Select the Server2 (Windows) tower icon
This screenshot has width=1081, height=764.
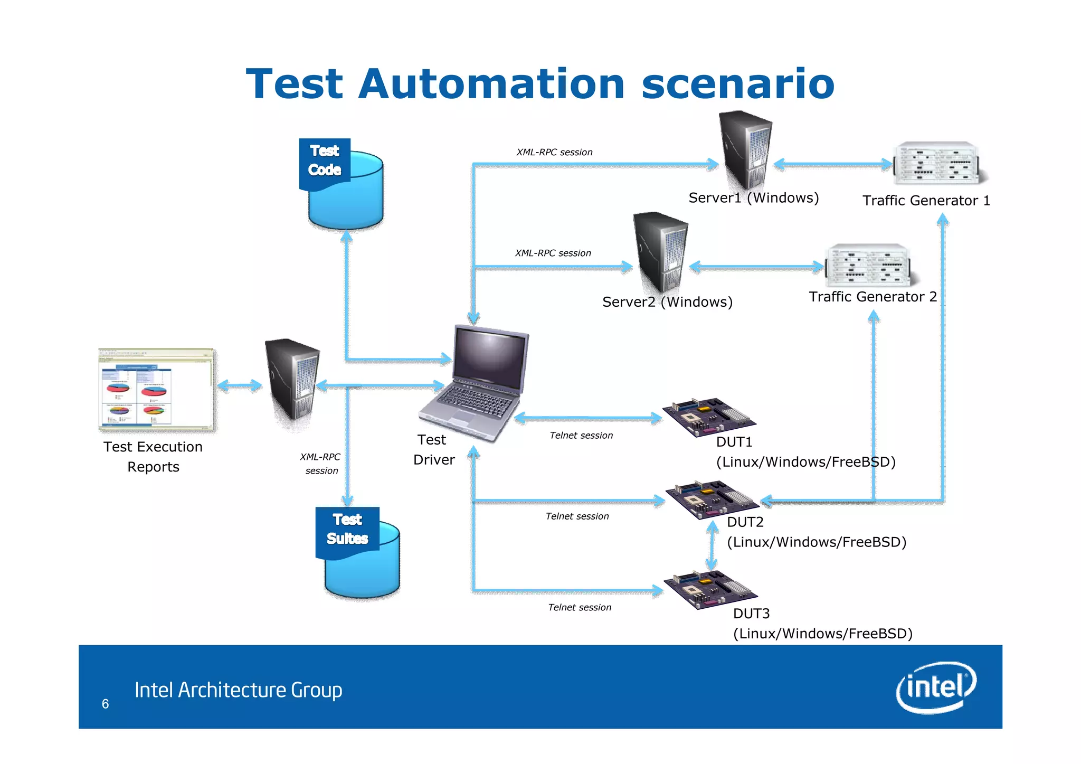click(660, 251)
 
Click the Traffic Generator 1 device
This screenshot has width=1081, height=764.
click(937, 163)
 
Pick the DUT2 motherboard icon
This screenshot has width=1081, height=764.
click(710, 499)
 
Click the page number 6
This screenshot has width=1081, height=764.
click(105, 704)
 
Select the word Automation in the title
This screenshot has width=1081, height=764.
click(491, 84)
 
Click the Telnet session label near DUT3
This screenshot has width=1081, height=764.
click(580, 607)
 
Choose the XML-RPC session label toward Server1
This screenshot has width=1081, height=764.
click(554, 152)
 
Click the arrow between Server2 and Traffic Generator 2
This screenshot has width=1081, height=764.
click(756, 267)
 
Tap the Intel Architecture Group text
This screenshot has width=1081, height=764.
click(238, 690)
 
